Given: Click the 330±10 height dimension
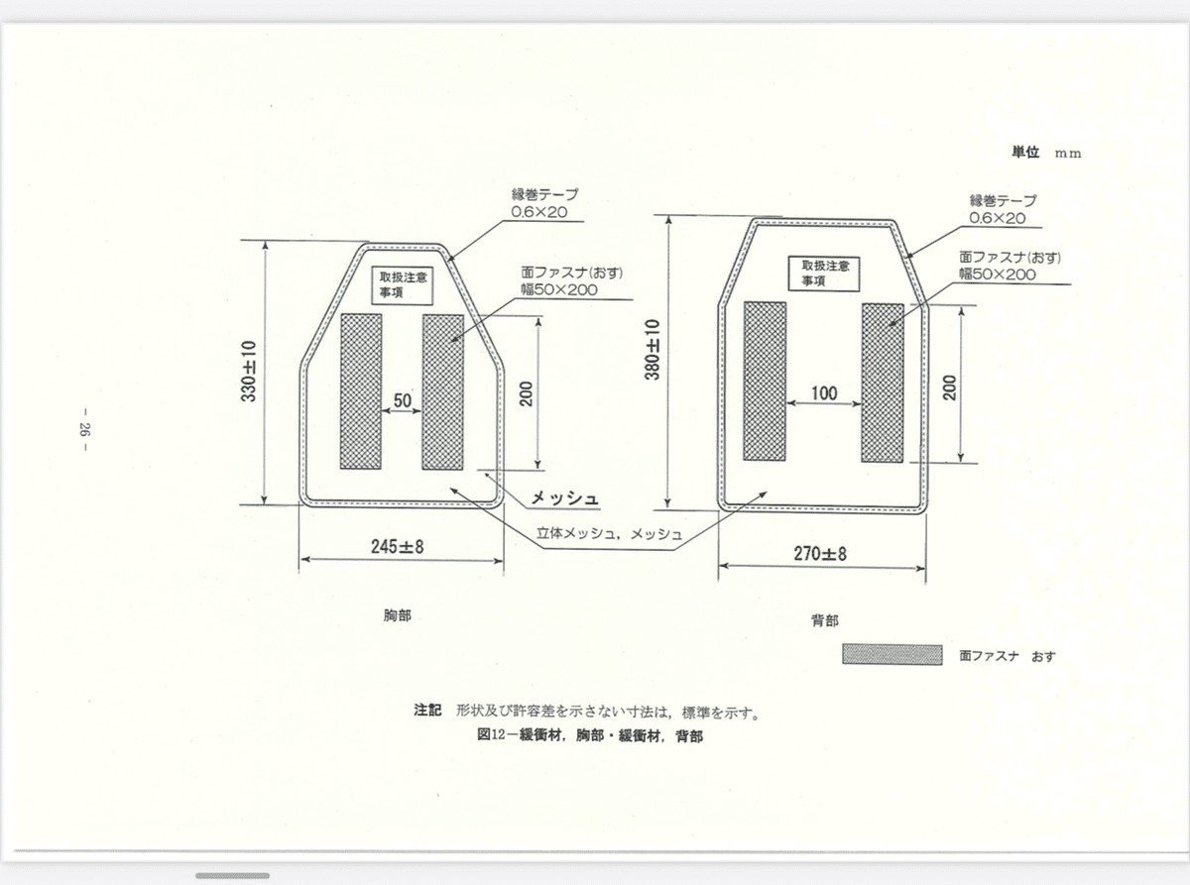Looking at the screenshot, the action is click(x=249, y=372).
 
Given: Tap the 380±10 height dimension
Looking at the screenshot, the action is click(x=652, y=350).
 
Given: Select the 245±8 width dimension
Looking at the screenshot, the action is click(x=397, y=546).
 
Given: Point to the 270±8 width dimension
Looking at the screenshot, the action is click(x=820, y=553).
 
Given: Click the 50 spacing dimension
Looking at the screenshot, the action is click(x=403, y=400).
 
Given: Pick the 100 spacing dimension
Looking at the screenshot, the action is click(x=824, y=393).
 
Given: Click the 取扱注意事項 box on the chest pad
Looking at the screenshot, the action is click(x=403, y=284).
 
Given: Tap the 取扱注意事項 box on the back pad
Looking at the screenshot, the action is click(x=823, y=274).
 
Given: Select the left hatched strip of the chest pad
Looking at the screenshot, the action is click(x=361, y=391).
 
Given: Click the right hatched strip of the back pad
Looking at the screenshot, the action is click(x=883, y=383).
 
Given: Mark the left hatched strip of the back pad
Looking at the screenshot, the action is click(x=765, y=381).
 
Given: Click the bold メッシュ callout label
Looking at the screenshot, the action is click(x=564, y=498).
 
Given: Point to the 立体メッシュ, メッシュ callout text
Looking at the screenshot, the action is click(x=609, y=534).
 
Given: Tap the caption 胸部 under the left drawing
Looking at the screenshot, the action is click(x=397, y=615).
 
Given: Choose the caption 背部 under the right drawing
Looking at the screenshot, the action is click(x=824, y=621).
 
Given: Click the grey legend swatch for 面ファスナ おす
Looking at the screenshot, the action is click(x=892, y=655).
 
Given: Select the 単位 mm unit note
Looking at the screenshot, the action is click(x=1046, y=153).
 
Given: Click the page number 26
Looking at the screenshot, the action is click(x=84, y=429).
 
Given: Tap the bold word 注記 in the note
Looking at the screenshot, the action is click(x=427, y=711).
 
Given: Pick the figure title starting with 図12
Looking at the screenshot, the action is click(x=590, y=735).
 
